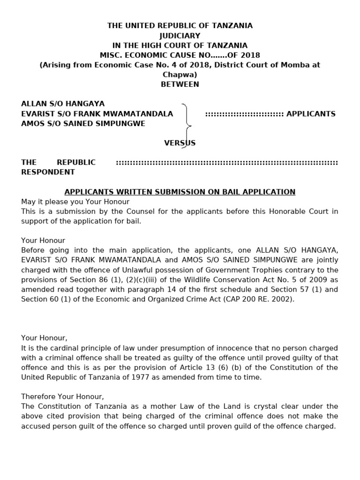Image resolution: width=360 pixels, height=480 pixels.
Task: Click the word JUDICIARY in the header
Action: (180, 36)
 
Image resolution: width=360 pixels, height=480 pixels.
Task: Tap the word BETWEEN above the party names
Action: (180, 84)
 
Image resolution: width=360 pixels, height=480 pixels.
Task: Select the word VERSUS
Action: (180, 143)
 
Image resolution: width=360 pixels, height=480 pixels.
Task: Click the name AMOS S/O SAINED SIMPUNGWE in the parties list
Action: (83, 124)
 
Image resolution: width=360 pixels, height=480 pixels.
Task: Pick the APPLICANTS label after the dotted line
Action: (311, 114)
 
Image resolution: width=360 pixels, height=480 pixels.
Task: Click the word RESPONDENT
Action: (48, 172)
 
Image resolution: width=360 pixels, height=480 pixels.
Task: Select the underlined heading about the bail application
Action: (180, 192)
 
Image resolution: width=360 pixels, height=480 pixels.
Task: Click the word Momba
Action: (283, 65)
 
